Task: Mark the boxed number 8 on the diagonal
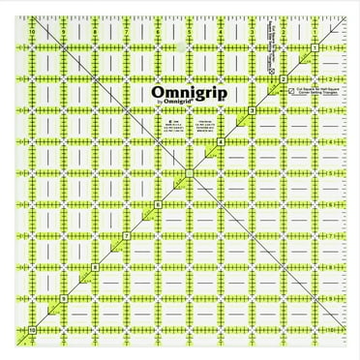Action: click(95, 268)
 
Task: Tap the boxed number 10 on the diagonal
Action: click(33, 331)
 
